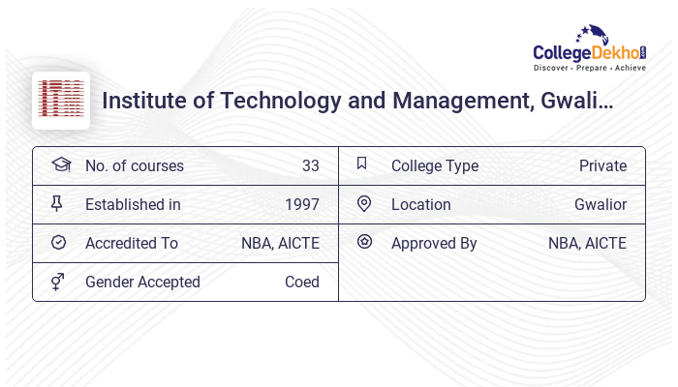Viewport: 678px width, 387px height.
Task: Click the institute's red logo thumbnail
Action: pyautogui.click(x=61, y=100)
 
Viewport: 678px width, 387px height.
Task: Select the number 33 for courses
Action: pyautogui.click(x=310, y=165)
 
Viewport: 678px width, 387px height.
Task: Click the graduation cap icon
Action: pyautogui.click(x=60, y=164)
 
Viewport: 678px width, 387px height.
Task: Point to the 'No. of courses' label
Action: pyautogui.click(x=134, y=165)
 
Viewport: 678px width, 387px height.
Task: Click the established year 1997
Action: pyautogui.click(x=301, y=204)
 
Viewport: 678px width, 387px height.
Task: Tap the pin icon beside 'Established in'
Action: pyautogui.click(x=57, y=203)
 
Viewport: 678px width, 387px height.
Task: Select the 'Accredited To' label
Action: pyautogui.click(x=132, y=243)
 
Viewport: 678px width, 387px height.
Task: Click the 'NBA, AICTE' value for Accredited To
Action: pyautogui.click(x=280, y=243)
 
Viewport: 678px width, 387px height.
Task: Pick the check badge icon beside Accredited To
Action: pyautogui.click(x=58, y=242)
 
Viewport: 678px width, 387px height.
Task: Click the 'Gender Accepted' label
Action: pyautogui.click(x=142, y=282)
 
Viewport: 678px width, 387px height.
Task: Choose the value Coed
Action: pyautogui.click(x=301, y=282)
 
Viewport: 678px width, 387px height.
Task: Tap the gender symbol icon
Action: pyautogui.click(x=58, y=281)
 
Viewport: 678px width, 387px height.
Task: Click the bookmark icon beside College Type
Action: pyautogui.click(x=362, y=164)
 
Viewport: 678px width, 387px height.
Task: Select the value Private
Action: pyautogui.click(x=602, y=165)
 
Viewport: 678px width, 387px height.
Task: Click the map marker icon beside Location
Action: pyautogui.click(x=364, y=203)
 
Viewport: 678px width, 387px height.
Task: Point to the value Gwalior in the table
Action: pyautogui.click(x=600, y=204)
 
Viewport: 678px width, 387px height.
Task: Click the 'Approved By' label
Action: pyautogui.click(x=434, y=243)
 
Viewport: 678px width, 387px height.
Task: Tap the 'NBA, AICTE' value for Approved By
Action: pyautogui.click(x=587, y=243)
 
